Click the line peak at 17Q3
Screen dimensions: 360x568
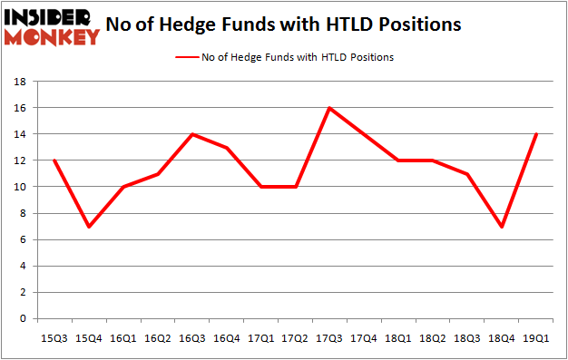pos(330,108)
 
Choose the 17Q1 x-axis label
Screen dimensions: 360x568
pos(261,337)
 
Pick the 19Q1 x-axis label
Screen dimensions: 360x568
pos(534,337)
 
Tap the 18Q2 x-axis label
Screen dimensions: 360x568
pos(432,337)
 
